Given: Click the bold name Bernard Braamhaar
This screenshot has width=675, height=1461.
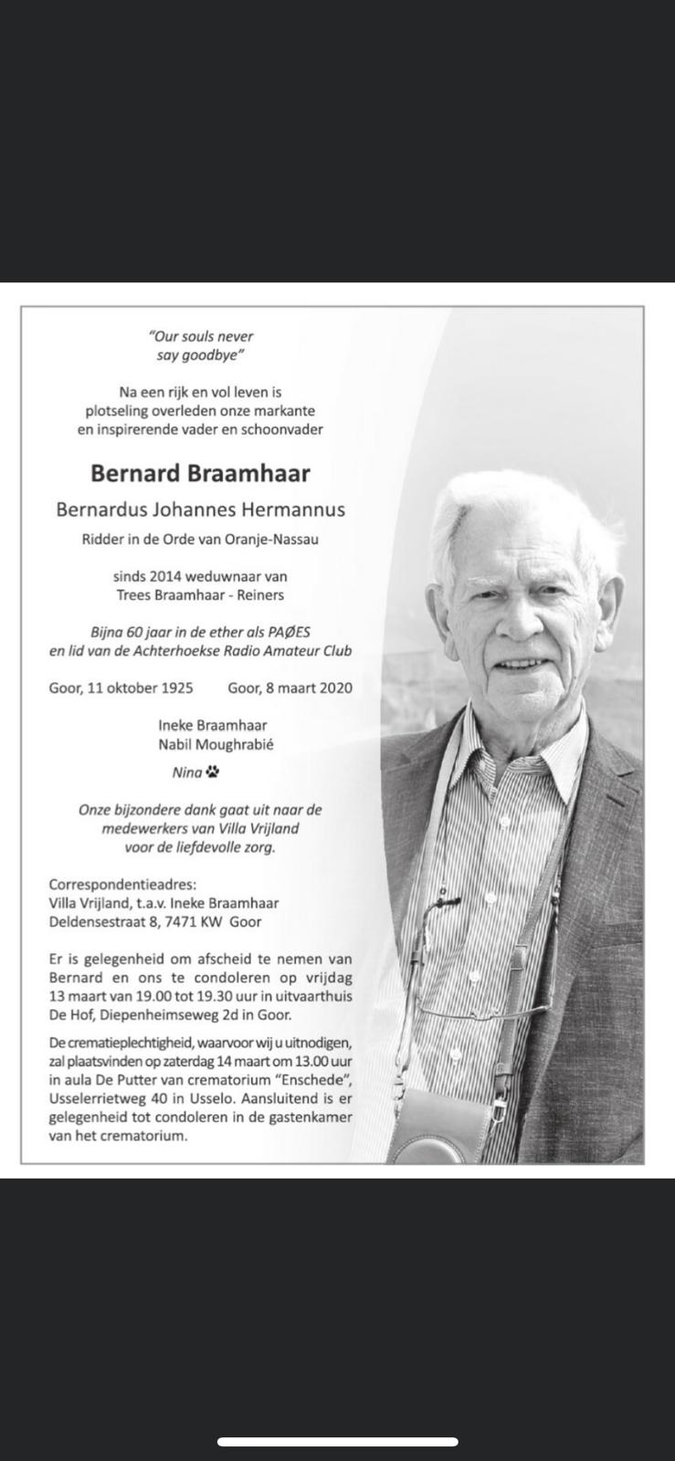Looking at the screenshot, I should [x=200, y=473].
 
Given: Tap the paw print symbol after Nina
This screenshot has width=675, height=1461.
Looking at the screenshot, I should [x=213, y=773].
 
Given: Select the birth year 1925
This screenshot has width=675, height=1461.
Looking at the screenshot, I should [x=175, y=688].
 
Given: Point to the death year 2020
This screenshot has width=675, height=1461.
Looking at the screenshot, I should [x=335, y=688].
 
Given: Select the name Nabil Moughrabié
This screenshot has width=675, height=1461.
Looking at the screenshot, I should [x=215, y=744].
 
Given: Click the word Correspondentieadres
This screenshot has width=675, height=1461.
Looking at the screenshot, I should [x=121, y=884].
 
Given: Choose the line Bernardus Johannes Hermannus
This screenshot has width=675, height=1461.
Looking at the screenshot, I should [x=201, y=510].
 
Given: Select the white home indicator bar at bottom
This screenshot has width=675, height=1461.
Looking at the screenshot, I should [x=337, y=1442].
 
